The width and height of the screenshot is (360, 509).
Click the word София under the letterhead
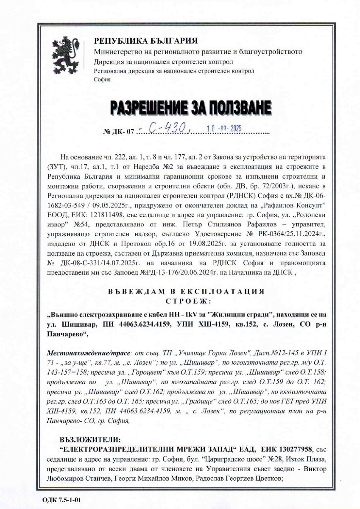(x=102, y=79)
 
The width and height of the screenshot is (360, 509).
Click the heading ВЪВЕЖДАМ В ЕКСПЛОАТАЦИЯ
(x=186, y=292)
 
